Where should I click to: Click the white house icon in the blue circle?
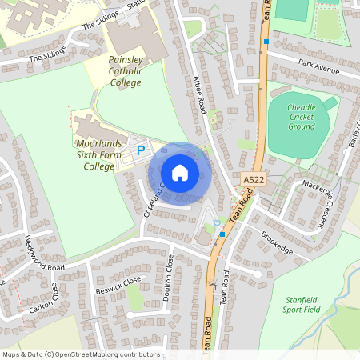(x=180, y=173)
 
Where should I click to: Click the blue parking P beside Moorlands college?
(x=142, y=149)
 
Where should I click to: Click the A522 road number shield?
(x=252, y=182)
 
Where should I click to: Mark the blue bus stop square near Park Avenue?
(x=266, y=42)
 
